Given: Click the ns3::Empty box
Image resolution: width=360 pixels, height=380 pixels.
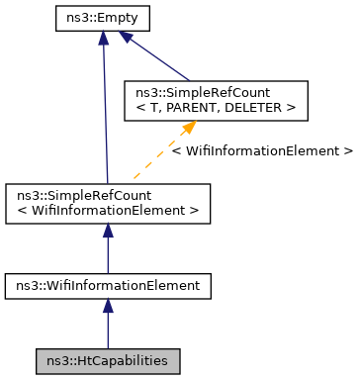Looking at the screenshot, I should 102,18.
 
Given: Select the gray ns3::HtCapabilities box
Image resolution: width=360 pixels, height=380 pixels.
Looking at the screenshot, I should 108,360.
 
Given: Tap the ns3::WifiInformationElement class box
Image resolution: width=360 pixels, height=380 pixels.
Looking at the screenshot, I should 108,286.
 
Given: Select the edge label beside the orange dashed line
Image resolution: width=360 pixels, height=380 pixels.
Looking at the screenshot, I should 261,151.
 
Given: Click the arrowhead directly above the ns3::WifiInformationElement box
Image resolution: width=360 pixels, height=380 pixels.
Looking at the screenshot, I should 108,231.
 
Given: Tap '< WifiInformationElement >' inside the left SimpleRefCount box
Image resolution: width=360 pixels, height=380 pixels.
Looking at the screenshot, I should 108,210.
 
